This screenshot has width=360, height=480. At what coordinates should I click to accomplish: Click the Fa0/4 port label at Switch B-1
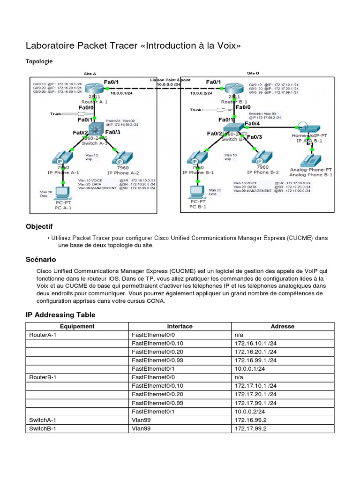click(253, 124)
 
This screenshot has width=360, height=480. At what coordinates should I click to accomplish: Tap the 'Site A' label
click(90, 74)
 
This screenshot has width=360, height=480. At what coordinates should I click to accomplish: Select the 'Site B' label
click(253, 73)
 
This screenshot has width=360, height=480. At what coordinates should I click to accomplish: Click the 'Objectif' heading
click(39, 226)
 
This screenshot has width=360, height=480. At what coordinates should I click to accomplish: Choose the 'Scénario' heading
click(40, 259)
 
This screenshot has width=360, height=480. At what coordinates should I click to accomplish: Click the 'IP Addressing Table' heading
click(60, 315)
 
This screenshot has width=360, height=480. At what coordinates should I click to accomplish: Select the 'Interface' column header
click(180, 326)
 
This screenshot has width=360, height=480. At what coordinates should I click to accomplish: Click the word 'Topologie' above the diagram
click(39, 61)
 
